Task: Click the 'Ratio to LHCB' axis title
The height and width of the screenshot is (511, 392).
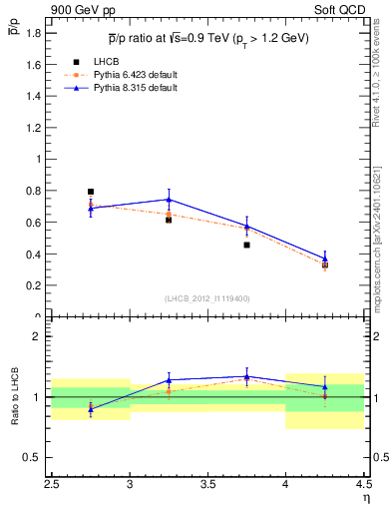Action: (15, 397)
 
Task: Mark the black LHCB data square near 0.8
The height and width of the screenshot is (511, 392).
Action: (91, 192)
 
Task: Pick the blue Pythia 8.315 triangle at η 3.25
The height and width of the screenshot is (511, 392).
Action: (169, 200)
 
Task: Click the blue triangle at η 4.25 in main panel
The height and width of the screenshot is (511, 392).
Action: (325, 257)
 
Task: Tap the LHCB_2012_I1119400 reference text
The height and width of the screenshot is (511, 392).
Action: (207, 297)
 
